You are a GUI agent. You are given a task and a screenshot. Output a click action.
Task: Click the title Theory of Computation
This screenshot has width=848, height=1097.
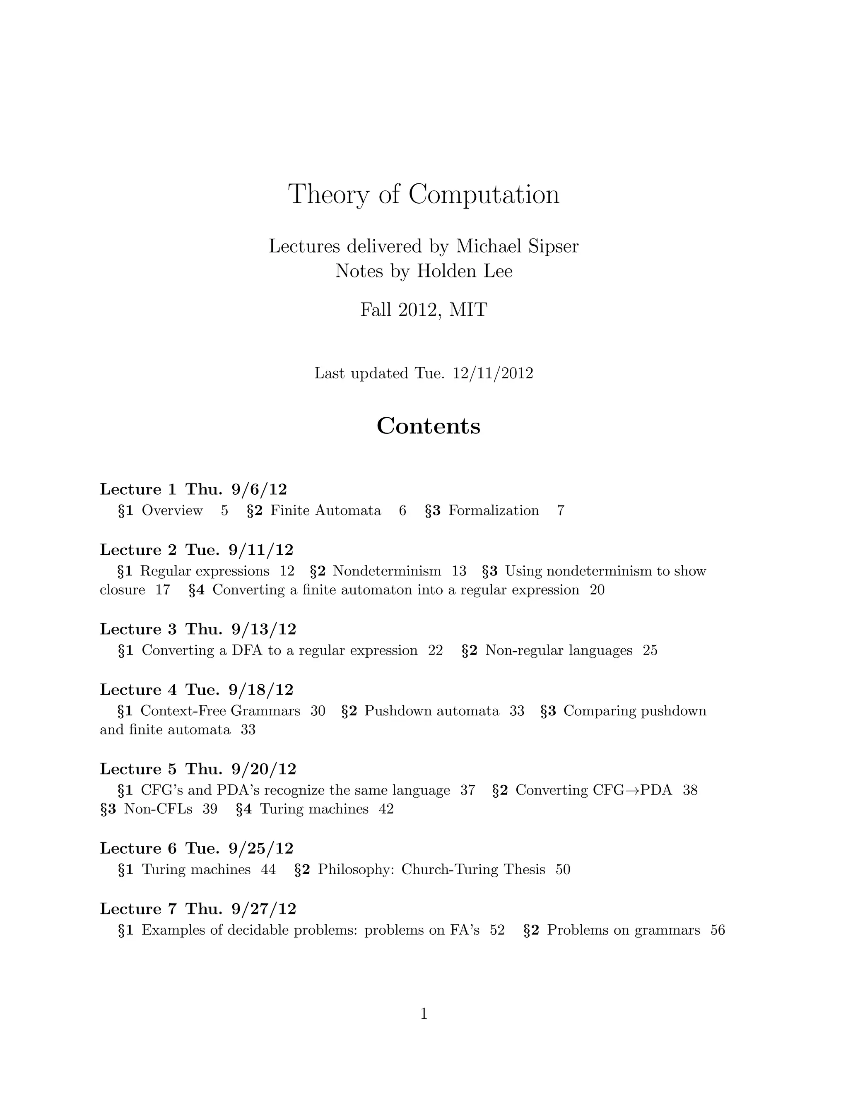pos(424,195)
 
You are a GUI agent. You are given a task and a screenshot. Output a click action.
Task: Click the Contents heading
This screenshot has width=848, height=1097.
pos(429,426)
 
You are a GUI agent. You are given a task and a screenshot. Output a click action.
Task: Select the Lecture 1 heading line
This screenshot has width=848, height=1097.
pos(193,489)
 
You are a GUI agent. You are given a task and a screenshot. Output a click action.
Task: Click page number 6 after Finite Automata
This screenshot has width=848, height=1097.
pos(402,510)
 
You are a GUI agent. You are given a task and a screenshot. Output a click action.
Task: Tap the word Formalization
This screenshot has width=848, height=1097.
pos(493,510)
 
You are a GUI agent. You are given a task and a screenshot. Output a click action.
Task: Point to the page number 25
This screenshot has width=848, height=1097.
pos(650,650)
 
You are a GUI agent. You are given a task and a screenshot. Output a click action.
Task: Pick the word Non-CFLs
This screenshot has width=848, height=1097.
pos(158,809)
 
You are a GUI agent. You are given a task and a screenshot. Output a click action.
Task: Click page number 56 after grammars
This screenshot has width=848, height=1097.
pos(718,930)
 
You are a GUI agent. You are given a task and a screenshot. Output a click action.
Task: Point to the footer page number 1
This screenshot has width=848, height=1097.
pos(424,1014)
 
